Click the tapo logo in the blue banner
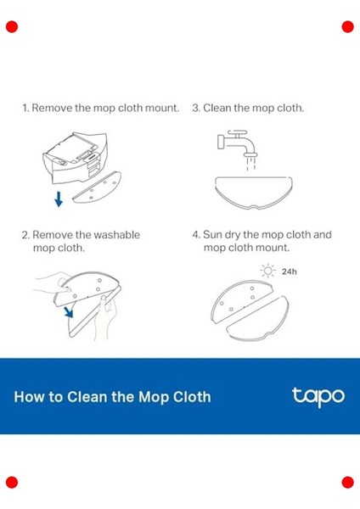[x=318, y=396]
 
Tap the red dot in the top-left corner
[x=12, y=26]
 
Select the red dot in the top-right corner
[x=347, y=26]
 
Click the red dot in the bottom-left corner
[x=12, y=483]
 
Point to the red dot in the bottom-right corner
[x=347, y=483]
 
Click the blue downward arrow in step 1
[x=59, y=199]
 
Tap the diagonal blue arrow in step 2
[x=69, y=312]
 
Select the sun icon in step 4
[x=267, y=271]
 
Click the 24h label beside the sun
[x=290, y=271]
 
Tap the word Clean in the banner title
[x=87, y=397]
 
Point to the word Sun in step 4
[x=212, y=234]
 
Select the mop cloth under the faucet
[x=253, y=193]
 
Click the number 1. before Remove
[x=25, y=108]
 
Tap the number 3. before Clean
[x=196, y=108]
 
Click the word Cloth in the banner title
[x=192, y=397]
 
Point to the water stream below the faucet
[x=250, y=163]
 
